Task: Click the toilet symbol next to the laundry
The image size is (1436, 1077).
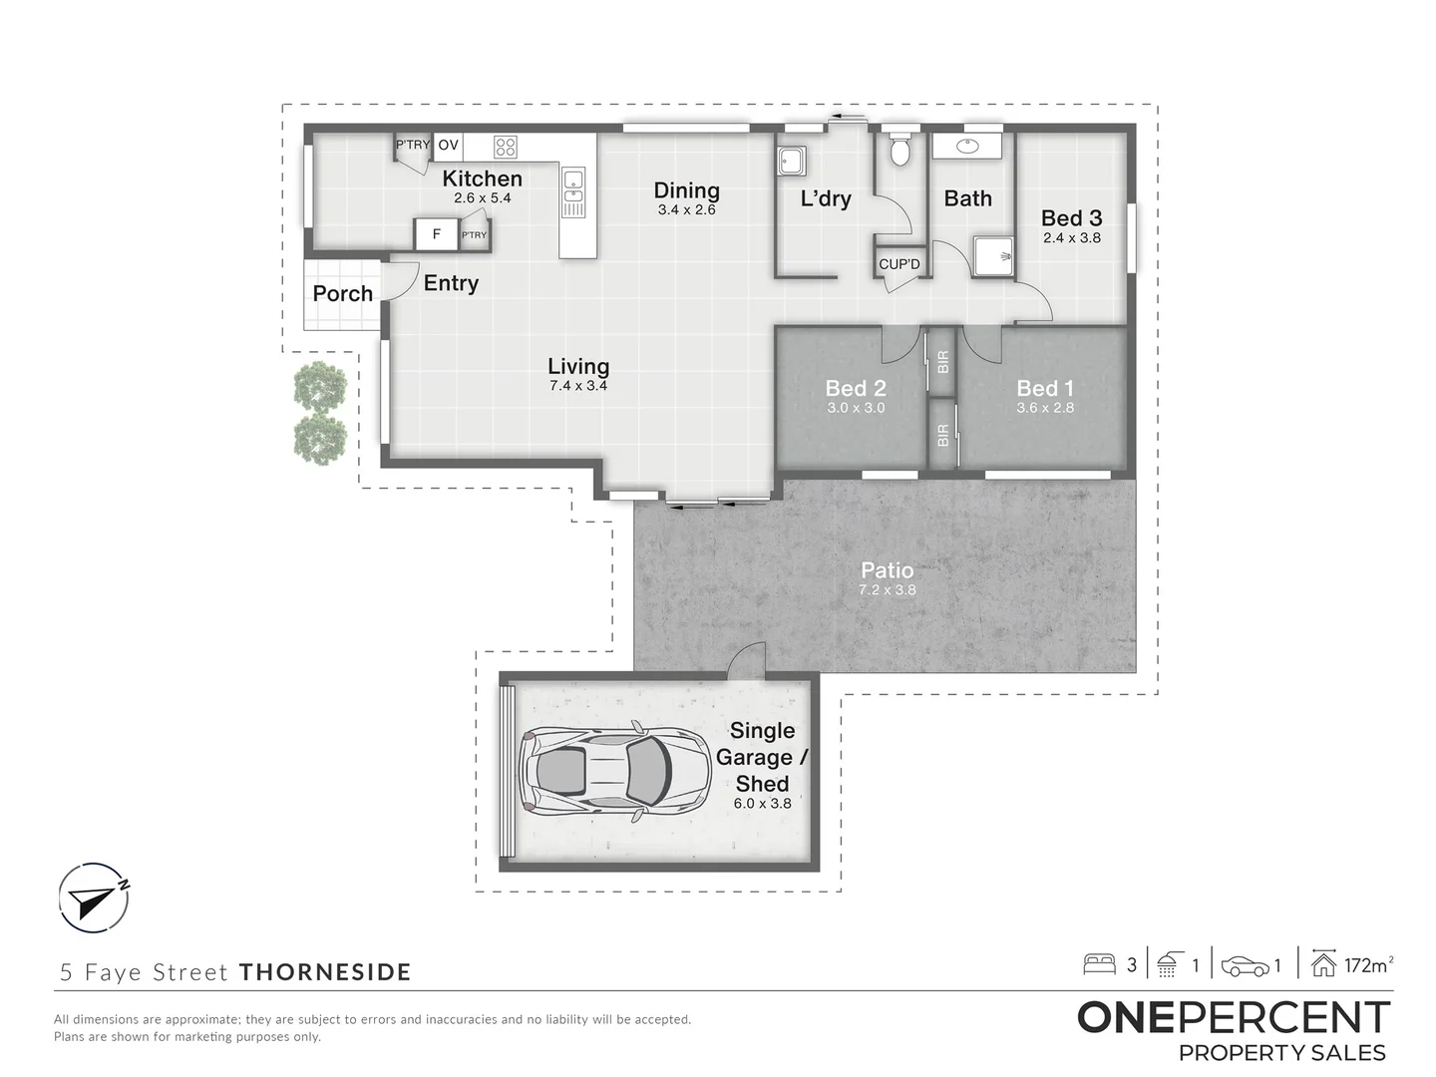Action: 900,150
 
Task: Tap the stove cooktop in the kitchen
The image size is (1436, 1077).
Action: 505,147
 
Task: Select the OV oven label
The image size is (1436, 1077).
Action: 448,146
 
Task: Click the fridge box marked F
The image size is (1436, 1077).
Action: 437,234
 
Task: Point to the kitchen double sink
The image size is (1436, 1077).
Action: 573,192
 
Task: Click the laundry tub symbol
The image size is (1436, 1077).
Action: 792,161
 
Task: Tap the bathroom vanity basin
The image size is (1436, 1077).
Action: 967,146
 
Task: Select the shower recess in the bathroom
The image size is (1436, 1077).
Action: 992,256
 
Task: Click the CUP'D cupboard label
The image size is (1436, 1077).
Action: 898,264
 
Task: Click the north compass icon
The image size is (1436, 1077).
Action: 94,897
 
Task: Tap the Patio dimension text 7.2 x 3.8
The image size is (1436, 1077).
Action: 887,589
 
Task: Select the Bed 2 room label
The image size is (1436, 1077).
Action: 856,389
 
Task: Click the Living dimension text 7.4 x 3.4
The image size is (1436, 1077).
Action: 578,386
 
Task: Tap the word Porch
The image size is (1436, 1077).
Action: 343,293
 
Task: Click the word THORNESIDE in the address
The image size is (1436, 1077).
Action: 325,971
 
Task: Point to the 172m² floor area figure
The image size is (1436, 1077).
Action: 1368,964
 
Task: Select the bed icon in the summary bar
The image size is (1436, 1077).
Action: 1099,964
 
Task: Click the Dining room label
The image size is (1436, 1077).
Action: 687,190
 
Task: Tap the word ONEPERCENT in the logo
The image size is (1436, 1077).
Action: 1234,1018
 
